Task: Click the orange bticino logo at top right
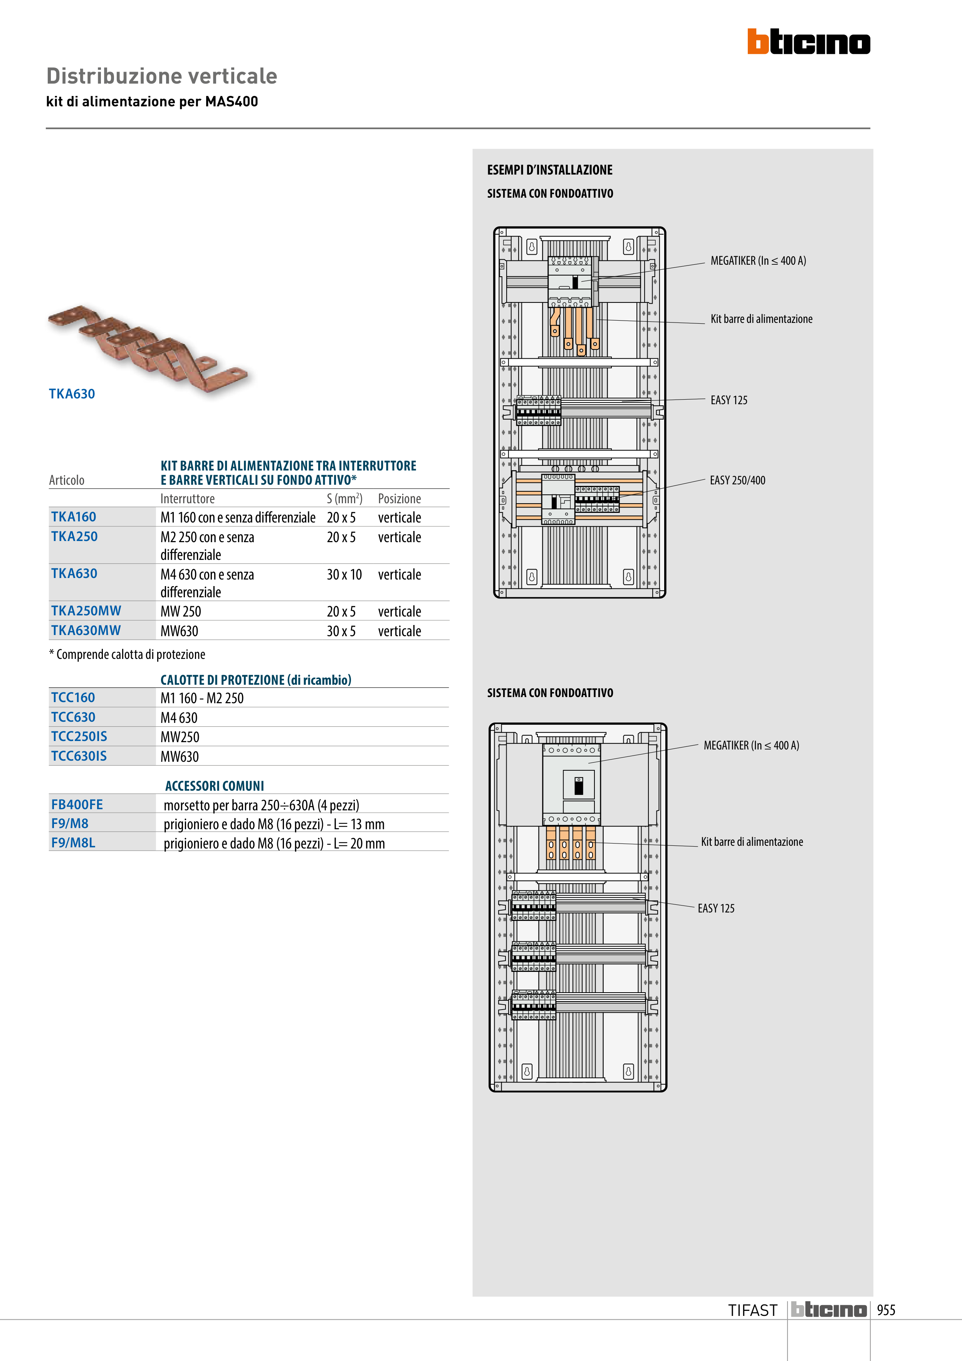click(809, 42)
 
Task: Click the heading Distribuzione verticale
click(162, 76)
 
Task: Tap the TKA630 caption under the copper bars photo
click(72, 393)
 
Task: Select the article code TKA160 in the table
click(74, 517)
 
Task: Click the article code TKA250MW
click(86, 610)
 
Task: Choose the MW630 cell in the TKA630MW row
click(179, 631)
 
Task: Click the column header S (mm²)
click(344, 498)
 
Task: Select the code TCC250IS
click(79, 736)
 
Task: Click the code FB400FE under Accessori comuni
click(77, 805)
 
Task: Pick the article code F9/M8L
click(73, 842)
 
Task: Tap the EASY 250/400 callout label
click(737, 480)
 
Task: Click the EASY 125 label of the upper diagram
click(729, 400)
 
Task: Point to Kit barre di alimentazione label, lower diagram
click(752, 842)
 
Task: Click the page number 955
click(886, 1310)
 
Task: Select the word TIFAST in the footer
click(753, 1310)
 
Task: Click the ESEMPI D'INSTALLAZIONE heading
click(549, 170)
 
